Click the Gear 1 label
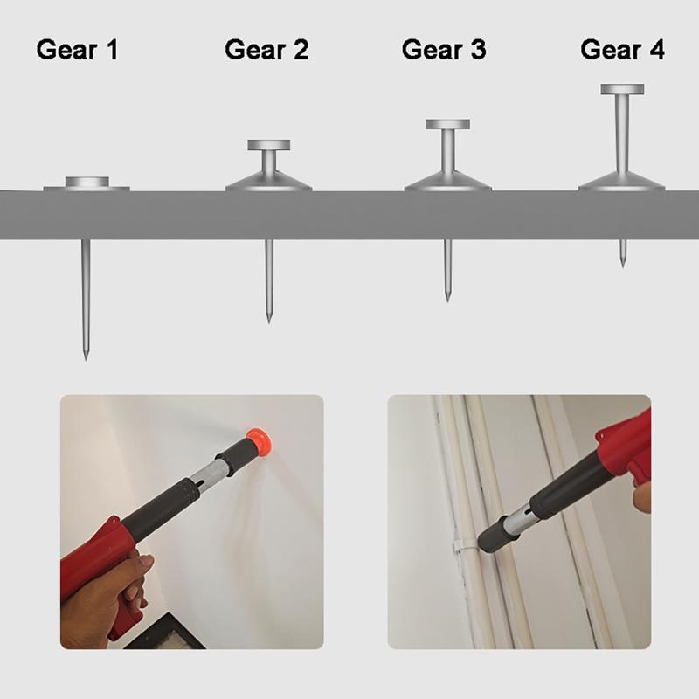(77, 50)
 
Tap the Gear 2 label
(266, 50)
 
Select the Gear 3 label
(444, 50)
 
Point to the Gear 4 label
(622, 50)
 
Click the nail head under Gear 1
(87, 183)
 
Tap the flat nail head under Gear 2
(268, 145)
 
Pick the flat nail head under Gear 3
(448, 124)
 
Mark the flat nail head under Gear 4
(622, 89)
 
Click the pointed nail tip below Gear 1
(86, 354)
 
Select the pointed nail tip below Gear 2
(268, 318)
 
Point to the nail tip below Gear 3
(447, 297)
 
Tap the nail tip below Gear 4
(623, 262)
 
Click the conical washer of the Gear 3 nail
(448, 182)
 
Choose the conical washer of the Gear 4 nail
(622, 182)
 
